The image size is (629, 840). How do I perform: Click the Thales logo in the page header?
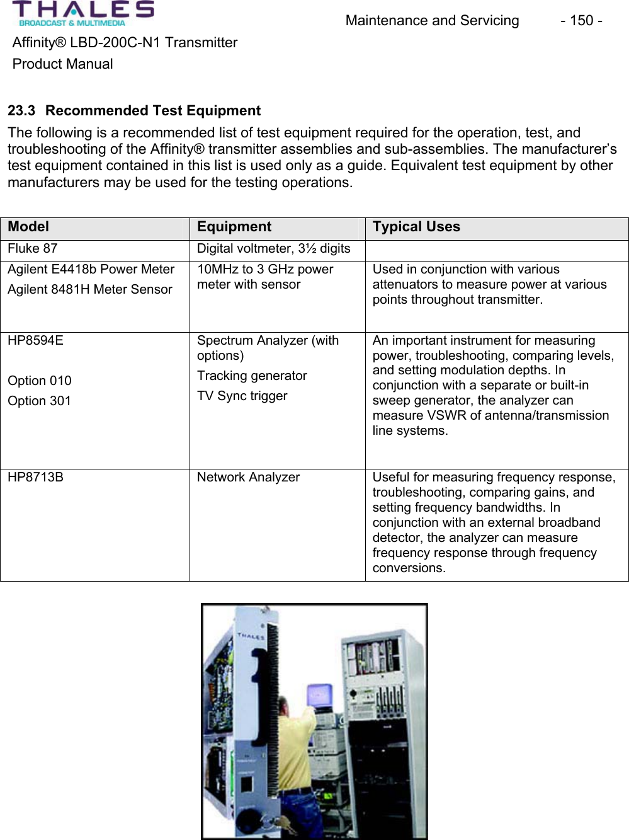coord(82,13)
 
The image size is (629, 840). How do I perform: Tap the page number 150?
coord(581,21)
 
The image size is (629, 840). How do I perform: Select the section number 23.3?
coord(21,111)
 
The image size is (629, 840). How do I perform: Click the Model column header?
coord(28,227)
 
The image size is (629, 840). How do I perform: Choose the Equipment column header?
coord(234,227)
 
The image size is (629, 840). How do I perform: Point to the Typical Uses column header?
coord(416,227)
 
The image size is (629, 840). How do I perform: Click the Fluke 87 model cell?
coord(33,249)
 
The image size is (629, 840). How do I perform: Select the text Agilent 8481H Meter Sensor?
coord(90,290)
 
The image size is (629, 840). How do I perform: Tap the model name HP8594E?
coord(36,341)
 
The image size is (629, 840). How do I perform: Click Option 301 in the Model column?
coord(40,401)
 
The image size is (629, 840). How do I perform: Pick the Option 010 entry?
coord(40,381)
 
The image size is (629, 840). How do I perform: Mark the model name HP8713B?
coord(36,478)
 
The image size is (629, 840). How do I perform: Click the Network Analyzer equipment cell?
coord(248,478)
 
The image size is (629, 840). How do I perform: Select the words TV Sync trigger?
coord(242,396)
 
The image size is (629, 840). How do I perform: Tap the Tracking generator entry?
coord(252,376)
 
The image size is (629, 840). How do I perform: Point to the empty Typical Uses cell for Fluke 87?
coord(496,250)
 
